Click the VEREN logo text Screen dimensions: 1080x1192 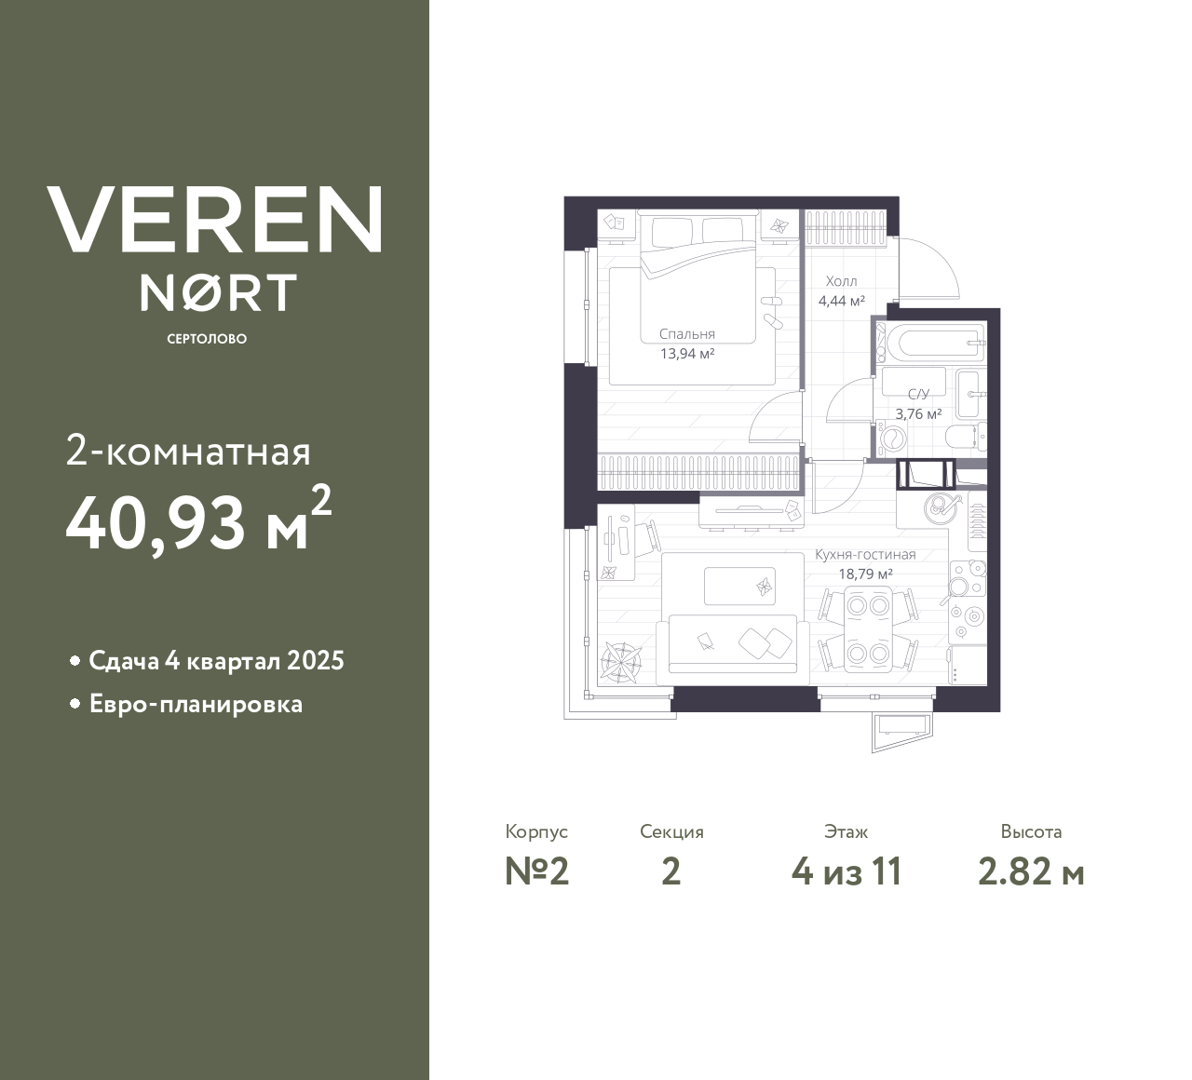click(214, 220)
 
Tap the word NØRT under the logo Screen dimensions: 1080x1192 click(218, 292)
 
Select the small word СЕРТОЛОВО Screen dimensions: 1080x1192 click(207, 339)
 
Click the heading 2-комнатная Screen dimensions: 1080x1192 click(188, 452)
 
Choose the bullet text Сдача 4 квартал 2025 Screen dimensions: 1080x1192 click(216, 661)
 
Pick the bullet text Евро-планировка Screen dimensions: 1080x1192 click(196, 704)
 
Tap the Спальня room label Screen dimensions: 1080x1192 click(687, 334)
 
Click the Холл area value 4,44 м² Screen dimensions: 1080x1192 click(842, 301)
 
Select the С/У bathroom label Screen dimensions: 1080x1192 click(918, 395)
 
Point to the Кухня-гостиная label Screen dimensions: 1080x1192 click(865, 555)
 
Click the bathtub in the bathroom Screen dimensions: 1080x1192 click(932, 344)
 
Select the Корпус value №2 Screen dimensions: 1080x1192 click(536, 872)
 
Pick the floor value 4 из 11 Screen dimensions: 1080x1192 click(847, 872)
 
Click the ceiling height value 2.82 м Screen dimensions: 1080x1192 click(1031, 872)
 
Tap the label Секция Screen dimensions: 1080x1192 click(671, 832)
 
